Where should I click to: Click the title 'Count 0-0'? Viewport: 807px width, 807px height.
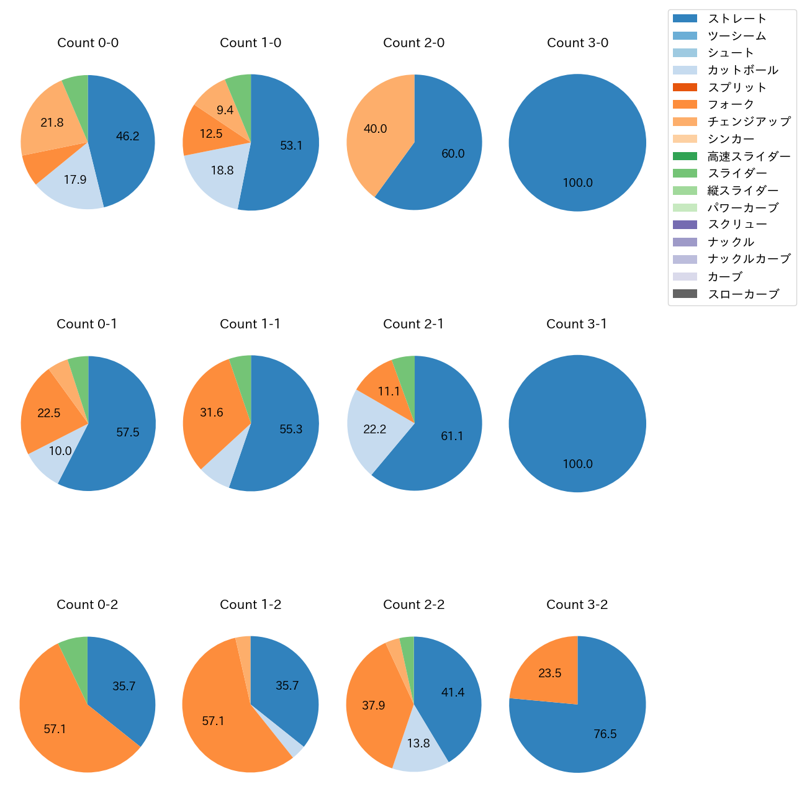tap(88, 43)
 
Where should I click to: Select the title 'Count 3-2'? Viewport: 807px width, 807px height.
tap(577, 605)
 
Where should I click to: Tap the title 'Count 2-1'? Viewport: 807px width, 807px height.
tap(413, 324)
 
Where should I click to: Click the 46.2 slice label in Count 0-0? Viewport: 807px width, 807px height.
tap(127, 137)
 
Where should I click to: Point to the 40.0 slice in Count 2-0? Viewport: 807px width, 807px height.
tap(375, 129)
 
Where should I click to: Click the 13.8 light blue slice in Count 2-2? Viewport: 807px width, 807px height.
tap(418, 743)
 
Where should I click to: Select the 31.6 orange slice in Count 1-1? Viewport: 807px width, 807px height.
tap(212, 413)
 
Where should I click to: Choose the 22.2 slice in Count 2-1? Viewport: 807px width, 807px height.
tap(375, 430)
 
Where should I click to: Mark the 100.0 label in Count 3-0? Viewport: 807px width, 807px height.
tap(577, 183)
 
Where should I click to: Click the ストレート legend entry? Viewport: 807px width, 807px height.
tap(737, 19)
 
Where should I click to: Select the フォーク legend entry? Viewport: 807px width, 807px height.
tap(731, 104)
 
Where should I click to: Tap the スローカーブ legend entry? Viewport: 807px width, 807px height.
tap(743, 294)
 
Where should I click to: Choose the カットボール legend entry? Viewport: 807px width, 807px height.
tap(742, 70)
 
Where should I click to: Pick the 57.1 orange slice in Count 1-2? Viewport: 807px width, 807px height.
tap(213, 721)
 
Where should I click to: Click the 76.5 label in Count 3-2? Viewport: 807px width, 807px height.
tap(605, 734)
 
